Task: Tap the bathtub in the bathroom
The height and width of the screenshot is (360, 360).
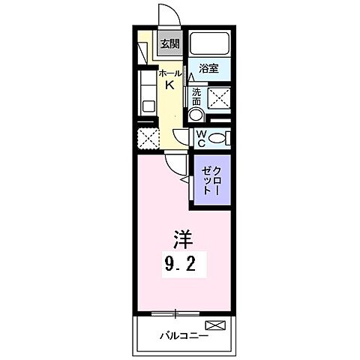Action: click(x=208, y=43)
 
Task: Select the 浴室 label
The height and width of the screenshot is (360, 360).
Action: click(x=208, y=69)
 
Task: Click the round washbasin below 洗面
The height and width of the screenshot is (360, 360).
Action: click(x=195, y=115)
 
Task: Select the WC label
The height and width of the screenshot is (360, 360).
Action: click(x=201, y=136)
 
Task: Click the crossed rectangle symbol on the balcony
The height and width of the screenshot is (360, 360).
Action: click(x=214, y=325)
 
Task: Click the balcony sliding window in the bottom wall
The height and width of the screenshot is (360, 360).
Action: click(x=175, y=310)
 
